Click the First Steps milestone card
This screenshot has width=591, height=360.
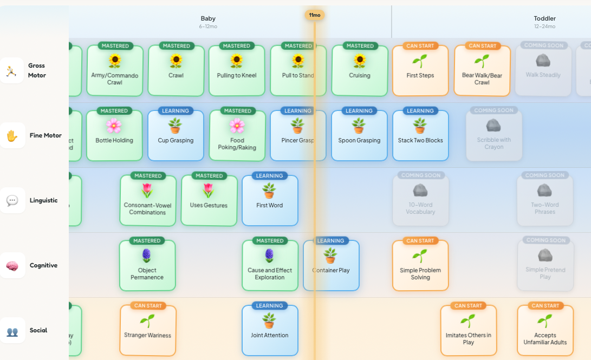420,71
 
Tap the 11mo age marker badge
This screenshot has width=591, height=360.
315,15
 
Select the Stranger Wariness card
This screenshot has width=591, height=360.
148,330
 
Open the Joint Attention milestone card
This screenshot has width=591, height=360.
270,330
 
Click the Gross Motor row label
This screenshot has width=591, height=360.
37,70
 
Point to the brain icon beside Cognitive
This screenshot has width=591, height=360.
12,266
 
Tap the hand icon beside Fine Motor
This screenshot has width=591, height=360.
12,136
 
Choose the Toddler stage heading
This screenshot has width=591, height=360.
544,18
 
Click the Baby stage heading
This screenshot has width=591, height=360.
208,18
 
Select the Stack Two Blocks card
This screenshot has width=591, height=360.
420,136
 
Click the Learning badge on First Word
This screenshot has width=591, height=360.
270,176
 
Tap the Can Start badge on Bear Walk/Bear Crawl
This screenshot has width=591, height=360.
482,46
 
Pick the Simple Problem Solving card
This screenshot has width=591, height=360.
420,265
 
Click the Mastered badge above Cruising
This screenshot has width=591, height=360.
360,46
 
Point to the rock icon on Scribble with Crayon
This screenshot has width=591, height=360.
493,126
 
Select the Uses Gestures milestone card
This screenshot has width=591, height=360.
209,200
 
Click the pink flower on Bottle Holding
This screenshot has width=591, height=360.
114,126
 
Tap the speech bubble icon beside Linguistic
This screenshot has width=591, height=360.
12,201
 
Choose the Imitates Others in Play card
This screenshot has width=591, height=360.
469,330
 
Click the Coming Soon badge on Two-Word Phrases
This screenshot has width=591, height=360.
545,175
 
